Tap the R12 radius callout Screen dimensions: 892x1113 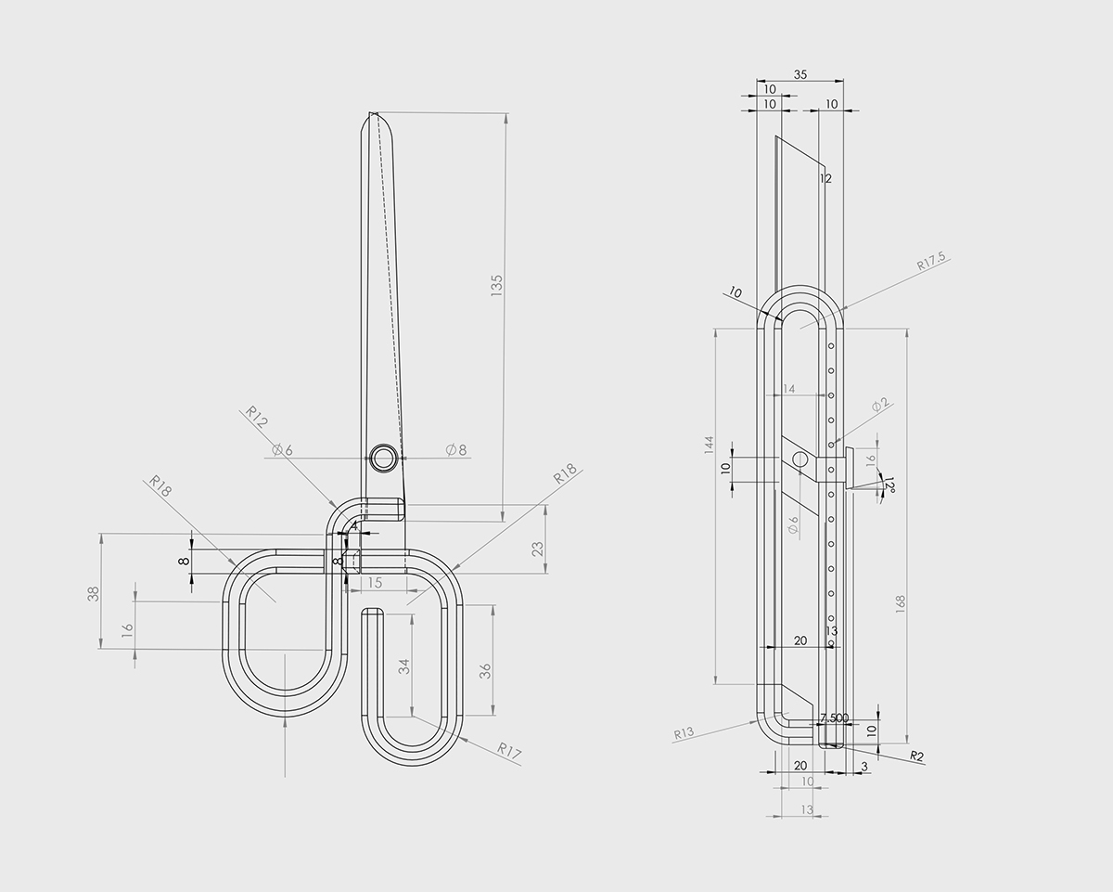pos(257,416)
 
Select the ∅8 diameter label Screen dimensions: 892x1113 pos(456,449)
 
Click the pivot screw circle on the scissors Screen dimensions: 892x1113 pos(384,458)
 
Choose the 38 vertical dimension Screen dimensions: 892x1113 pos(93,593)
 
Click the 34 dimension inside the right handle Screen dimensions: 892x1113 pos(404,666)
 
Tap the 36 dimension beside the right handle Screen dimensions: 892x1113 pos(484,672)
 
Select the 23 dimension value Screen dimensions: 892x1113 pos(538,548)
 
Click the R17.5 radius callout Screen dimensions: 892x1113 pos(930,261)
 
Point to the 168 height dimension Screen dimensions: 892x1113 pos(900,603)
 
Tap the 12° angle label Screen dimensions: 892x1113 pos(889,486)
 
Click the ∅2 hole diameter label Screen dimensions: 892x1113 pos(880,404)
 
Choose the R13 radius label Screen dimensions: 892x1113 pos(684,734)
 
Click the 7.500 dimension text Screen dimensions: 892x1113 pos(834,717)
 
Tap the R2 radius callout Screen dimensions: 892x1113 pos(917,756)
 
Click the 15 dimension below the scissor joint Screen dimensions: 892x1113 pos(375,582)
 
